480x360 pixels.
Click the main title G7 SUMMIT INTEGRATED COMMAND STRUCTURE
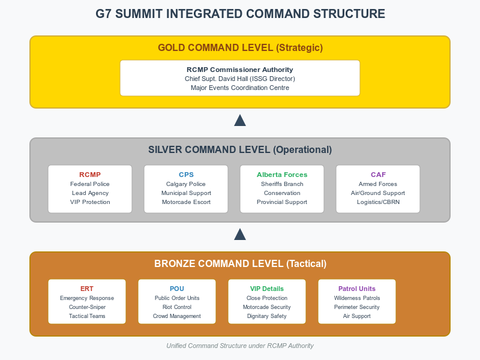[x=241, y=14]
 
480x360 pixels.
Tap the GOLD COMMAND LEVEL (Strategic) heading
[x=241, y=48]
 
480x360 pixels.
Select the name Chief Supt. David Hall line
[x=239, y=79]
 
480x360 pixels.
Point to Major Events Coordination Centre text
[x=239, y=88]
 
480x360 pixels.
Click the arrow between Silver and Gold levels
[x=240, y=121]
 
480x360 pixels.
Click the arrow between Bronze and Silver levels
[x=240, y=234]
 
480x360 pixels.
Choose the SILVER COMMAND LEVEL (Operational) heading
[x=240, y=149]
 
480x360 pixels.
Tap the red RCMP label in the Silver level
[x=90, y=175]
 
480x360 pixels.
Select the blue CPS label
[x=186, y=175]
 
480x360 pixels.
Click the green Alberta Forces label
[x=282, y=175]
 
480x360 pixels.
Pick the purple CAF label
[x=378, y=175]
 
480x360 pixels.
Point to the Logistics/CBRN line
[x=378, y=202]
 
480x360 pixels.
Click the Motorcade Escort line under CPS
[x=186, y=202]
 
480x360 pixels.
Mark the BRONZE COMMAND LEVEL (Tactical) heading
[x=241, y=264]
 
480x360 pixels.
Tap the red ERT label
[x=87, y=289]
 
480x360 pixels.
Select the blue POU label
[x=177, y=289]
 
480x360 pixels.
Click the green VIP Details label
[x=267, y=289]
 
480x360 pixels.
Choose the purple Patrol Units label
[x=357, y=289]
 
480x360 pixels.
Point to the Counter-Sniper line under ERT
[x=87, y=307]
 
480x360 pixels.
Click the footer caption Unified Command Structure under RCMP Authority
[x=240, y=346]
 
